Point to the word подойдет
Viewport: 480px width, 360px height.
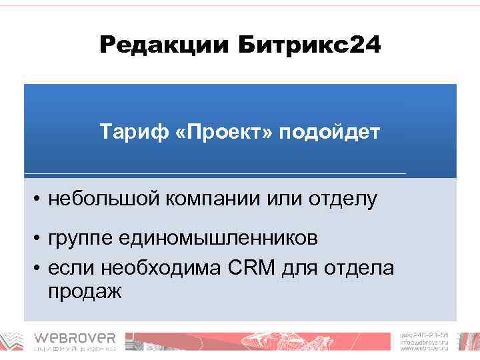pos(329,131)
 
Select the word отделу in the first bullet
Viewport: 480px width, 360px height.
pos(340,198)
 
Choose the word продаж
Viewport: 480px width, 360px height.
pos(85,291)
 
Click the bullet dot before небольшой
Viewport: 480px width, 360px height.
pos(40,199)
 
